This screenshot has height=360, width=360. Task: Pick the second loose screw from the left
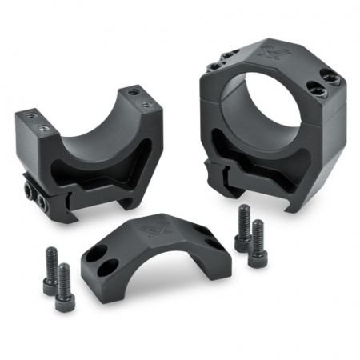point(63,286)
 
